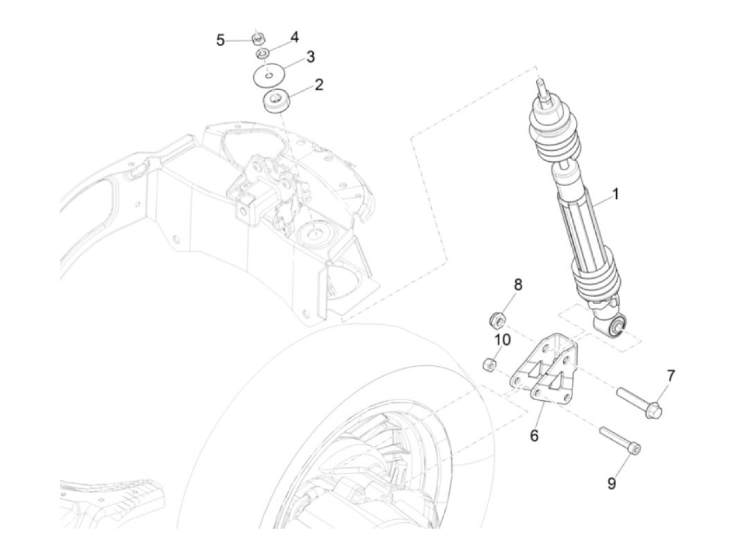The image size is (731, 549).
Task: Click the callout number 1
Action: click(x=615, y=194)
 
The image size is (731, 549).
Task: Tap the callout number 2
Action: click(x=319, y=85)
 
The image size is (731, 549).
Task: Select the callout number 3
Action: click(x=310, y=56)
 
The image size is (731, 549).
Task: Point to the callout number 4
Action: click(x=294, y=37)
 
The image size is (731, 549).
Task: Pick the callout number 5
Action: click(x=220, y=40)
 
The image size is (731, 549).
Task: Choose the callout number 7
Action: click(x=670, y=375)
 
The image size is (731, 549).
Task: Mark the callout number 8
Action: click(x=518, y=285)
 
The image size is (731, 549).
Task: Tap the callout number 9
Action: click(x=611, y=483)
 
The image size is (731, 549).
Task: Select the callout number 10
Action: click(x=502, y=340)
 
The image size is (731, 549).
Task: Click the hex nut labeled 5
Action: click(x=256, y=38)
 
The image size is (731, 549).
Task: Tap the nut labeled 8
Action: click(x=496, y=318)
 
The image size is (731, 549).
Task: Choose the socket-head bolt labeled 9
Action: click(x=621, y=440)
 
